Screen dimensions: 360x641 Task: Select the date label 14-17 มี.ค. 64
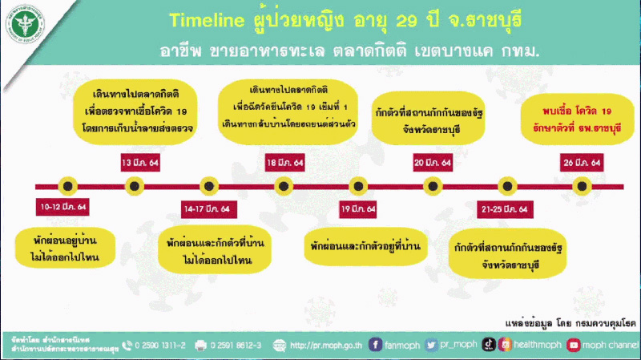(207, 208)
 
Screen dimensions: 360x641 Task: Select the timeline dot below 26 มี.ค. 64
(582, 186)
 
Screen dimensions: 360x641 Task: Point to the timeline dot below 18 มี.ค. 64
(284, 186)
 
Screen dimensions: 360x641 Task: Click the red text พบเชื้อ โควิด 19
(566, 111)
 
